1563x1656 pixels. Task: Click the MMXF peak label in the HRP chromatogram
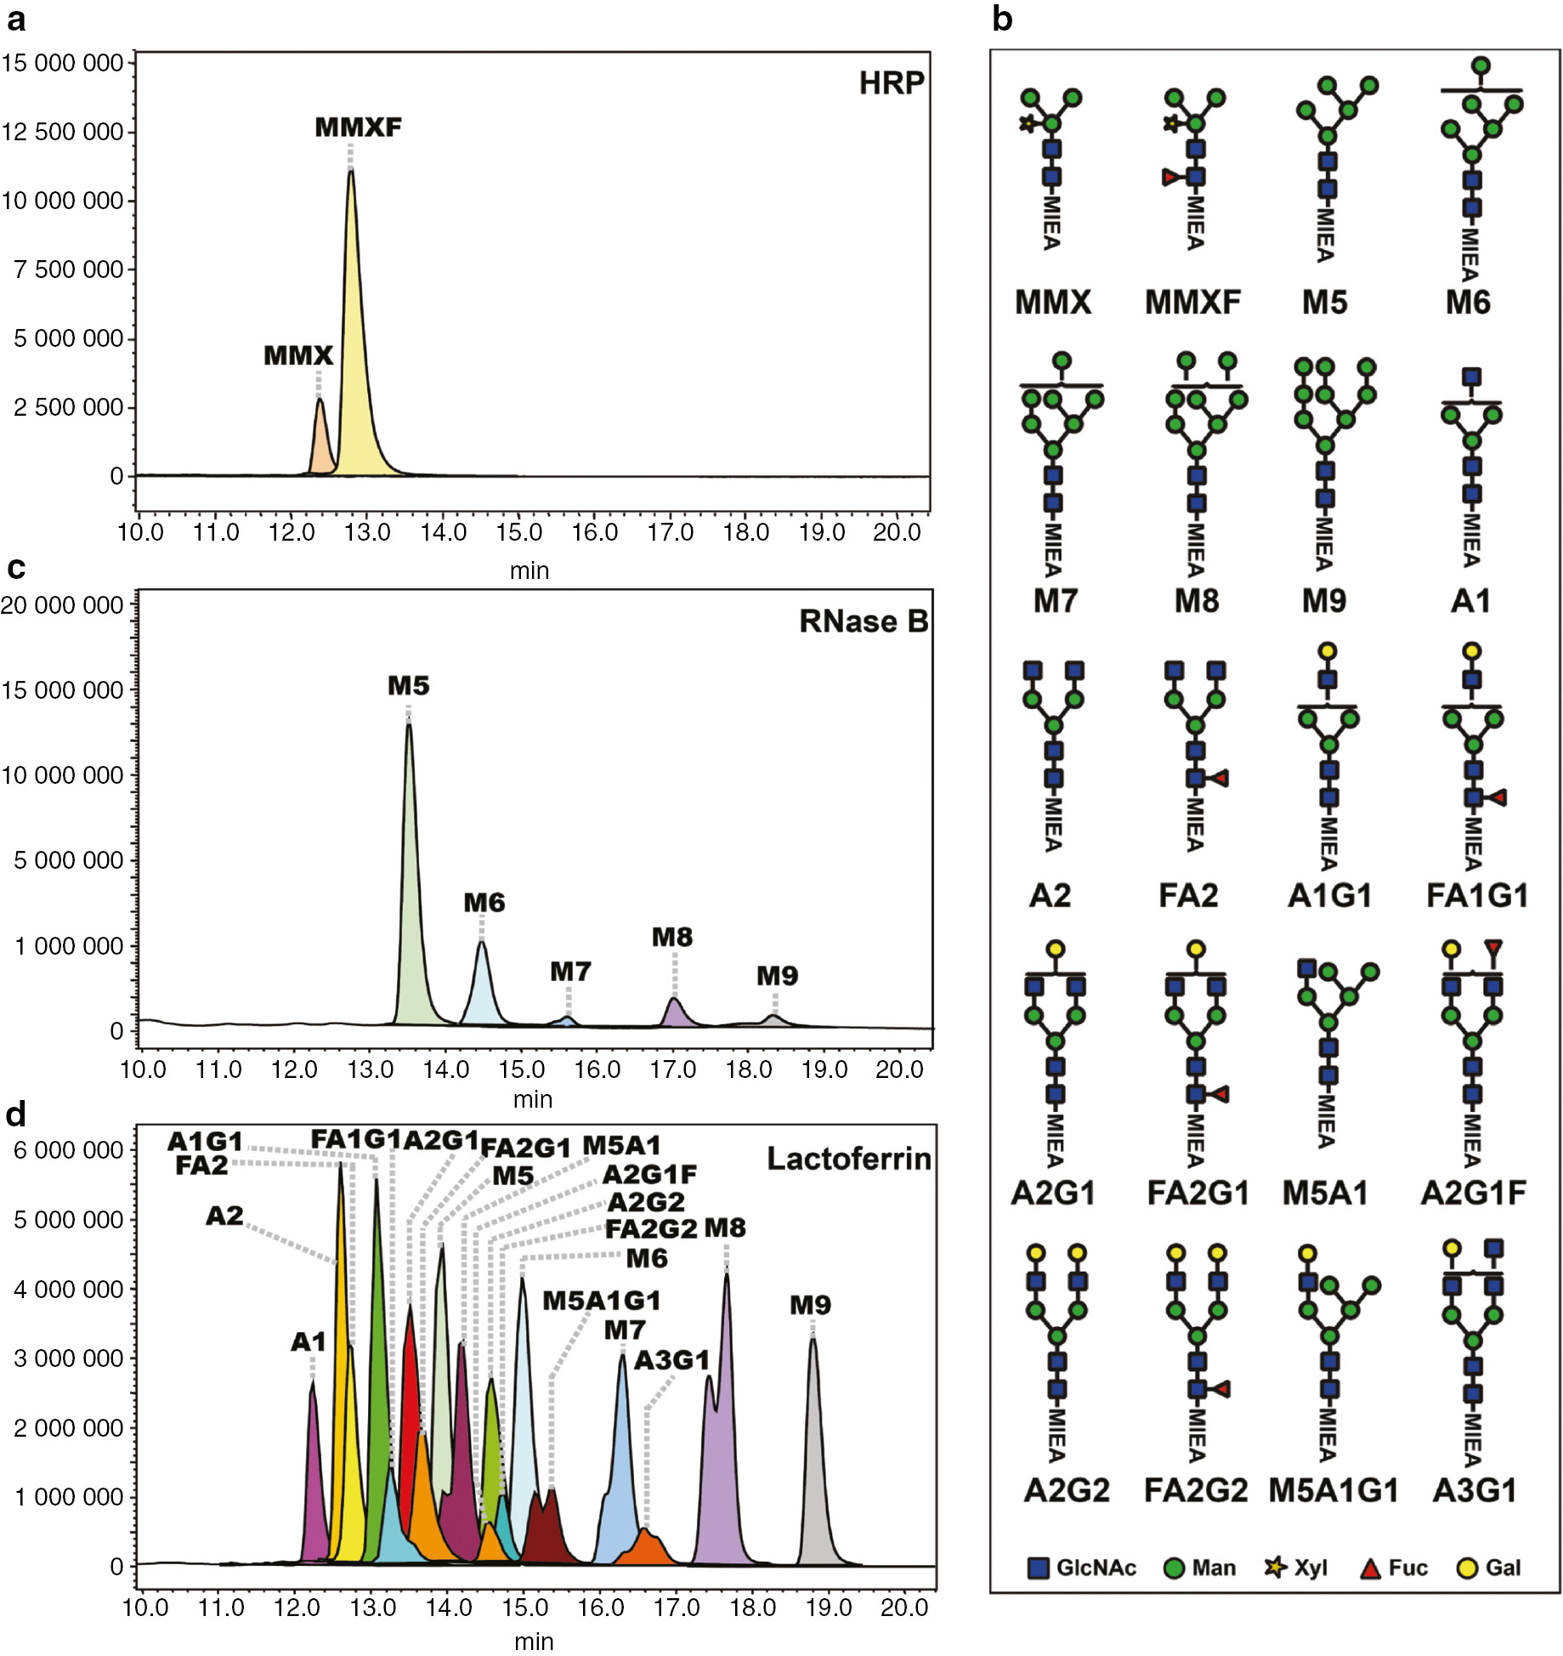pos(358,128)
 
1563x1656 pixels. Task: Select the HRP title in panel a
pos(891,83)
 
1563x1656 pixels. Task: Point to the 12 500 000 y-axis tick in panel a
pos(63,132)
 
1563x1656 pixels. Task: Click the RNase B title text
pos(863,621)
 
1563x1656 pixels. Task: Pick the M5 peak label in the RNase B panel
pos(409,685)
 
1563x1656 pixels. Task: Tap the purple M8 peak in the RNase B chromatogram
pos(675,1013)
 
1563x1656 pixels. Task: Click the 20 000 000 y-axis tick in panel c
pos(63,605)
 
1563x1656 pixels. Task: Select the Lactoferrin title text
pos(848,1159)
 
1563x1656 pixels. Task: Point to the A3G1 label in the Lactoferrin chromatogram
pos(671,1360)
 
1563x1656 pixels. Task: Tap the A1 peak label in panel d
pos(309,1341)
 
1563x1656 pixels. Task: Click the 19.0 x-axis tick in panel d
pos(828,1608)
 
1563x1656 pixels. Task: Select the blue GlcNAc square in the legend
pos(1038,1568)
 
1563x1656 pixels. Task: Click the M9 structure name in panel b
pos(1323,601)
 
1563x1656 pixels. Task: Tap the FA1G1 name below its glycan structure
pos(1476,895)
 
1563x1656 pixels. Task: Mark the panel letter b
pos(1002,19)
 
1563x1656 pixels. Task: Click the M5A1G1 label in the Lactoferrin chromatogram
pos(601,1301)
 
